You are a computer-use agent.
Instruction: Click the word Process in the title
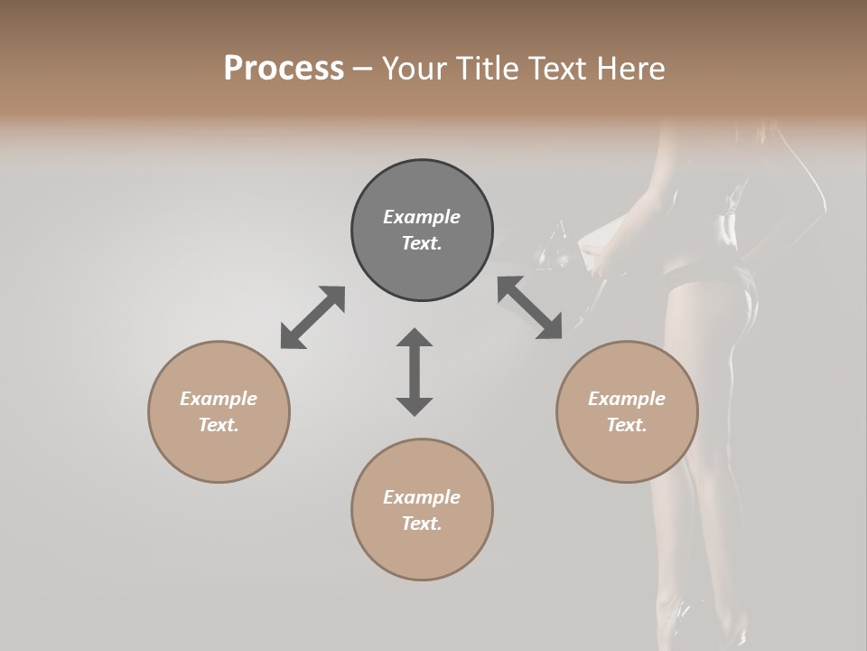pos(284,69)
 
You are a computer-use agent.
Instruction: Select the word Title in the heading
pos(487,69)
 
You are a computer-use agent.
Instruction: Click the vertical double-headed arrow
pos(415,372)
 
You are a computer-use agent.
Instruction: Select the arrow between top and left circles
pos(312,317)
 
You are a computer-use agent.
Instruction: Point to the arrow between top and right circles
pos(530,308)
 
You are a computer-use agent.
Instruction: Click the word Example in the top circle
pos(422,217)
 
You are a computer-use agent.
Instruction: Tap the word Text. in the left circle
pos(219,425)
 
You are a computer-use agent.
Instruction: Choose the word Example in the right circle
pos(627,399)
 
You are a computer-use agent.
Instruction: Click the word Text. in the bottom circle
pos(422,524)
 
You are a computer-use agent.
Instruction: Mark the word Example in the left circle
pos(219,399)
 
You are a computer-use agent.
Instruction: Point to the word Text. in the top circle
pos(422,243)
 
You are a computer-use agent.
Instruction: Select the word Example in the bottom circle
pos(422,497)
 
